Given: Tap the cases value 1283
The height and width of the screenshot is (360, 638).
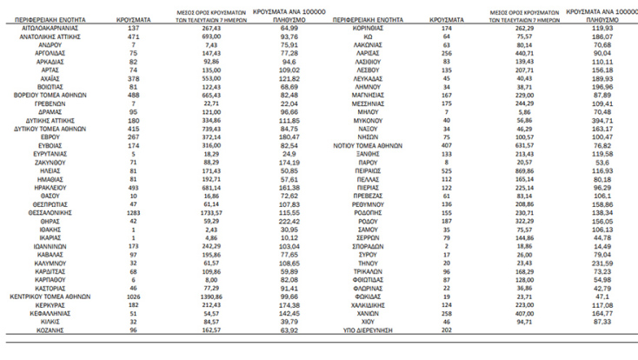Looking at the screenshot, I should tap(133, 212).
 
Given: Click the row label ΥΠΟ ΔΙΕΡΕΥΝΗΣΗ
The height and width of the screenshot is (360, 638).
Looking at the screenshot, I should tap(365, 331).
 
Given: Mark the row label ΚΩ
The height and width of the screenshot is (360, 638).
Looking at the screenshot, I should tap(365, 38).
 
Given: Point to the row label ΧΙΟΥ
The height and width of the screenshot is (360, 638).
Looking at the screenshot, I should tap(365, 322).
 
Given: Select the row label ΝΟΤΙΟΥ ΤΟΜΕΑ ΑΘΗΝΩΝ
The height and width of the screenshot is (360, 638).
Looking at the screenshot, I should tap(365, 145).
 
